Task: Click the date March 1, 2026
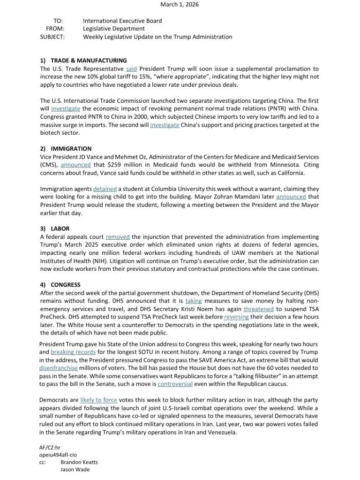pyautogui.click(x=180, y=4)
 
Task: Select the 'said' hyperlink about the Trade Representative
pyautogui.click(x=131, y=69)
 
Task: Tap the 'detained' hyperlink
pyautogui.click(x=105, y=188)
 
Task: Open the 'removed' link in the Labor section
pyautogui.click(x=118, y=237)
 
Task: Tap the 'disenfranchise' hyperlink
pyautogui.click(x=59, y=368)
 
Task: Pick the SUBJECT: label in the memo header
pyautogui.click(x=52, y=37)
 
